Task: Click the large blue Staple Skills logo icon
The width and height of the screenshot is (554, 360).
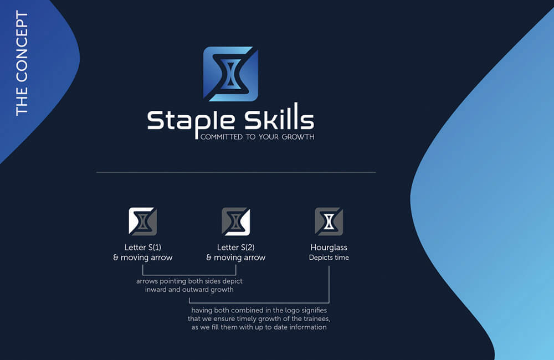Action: [230, 74]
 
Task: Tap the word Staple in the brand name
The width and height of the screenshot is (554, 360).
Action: [191, 122]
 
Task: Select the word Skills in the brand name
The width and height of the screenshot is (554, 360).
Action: [279, 116]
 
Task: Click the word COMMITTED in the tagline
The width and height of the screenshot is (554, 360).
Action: [222, 137]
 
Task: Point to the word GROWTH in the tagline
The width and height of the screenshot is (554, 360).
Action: [298, 137]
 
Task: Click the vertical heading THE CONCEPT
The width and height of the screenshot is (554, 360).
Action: [22, 63]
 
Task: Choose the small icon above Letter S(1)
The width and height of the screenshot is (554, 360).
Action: [143, 222]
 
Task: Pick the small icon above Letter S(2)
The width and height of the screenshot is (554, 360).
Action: [235, 222]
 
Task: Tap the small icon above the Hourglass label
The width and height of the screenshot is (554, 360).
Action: [329, 222]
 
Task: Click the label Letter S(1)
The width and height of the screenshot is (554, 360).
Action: [143, 248]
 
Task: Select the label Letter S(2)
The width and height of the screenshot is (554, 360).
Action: [235, 248]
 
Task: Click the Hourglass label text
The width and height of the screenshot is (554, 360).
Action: [329, 248]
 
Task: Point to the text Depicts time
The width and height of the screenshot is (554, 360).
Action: [329, 258]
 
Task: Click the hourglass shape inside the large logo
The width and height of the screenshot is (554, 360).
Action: [230, 74]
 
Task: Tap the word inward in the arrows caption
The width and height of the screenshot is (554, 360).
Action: [156, 289]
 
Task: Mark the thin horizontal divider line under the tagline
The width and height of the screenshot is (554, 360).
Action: [236, 172]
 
